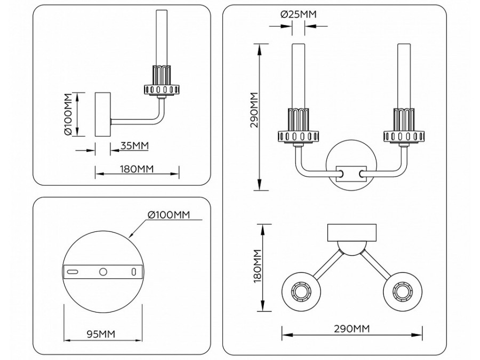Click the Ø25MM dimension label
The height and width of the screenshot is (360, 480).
coord(298,14)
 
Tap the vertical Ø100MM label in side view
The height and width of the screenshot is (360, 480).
coord(68,115)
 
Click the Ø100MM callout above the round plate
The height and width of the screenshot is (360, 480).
coord(168,215)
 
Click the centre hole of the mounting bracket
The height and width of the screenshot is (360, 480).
coord(103,271)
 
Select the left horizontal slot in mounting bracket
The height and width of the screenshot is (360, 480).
coord(73,271)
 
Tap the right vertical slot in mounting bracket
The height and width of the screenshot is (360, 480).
coord(133,271)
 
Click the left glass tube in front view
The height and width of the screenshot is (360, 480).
coord(298,75)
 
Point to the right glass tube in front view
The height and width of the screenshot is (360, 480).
coord(403,75)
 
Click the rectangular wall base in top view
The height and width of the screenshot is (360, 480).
coord(351,231)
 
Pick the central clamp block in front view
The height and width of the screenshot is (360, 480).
coord(350,174)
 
